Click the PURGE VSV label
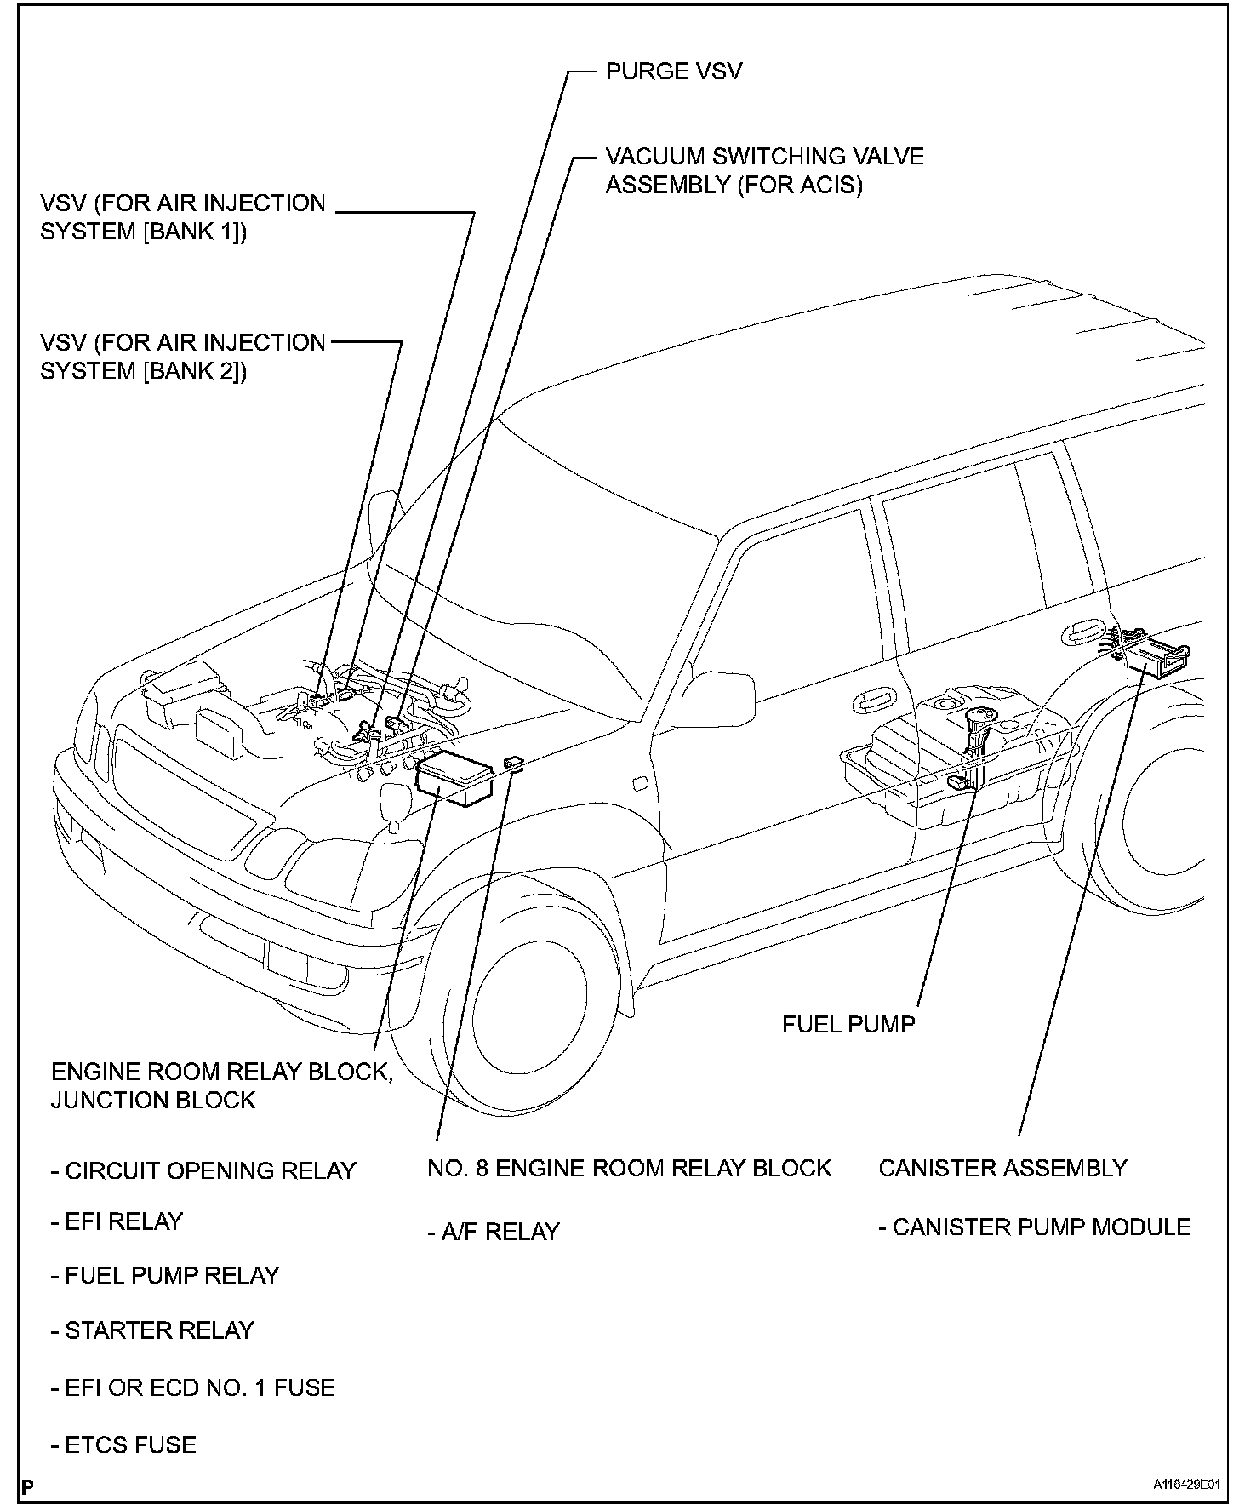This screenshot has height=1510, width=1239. coord(673,71)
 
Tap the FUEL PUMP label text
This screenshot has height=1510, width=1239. coord(848,1023)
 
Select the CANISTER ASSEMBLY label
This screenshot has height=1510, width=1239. coord(1002,1168)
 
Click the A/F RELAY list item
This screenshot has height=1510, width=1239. coord(494,1232)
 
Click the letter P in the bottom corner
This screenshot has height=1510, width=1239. coord(28,1487)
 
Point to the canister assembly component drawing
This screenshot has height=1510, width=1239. coord(1157,655)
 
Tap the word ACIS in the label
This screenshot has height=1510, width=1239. coord(830,185)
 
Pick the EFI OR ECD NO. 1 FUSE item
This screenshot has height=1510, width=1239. coord(193,1387)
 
